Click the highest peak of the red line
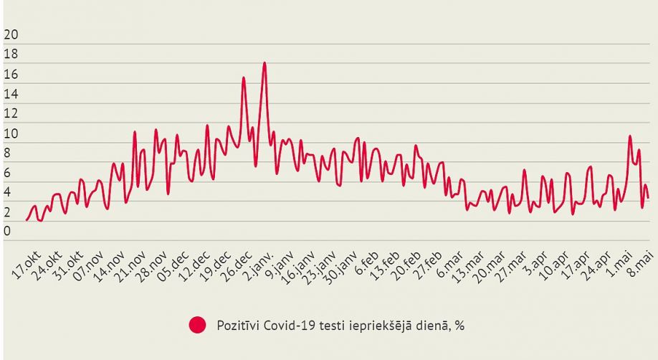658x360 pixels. (x=264, y=63)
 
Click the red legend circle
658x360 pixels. (x=198, y=325)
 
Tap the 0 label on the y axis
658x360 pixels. (x=7, y=231)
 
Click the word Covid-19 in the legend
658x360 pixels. (x=287, y=326)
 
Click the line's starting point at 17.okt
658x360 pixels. (x=27, y=219)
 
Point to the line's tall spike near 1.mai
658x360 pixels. (x=630, y=136)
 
